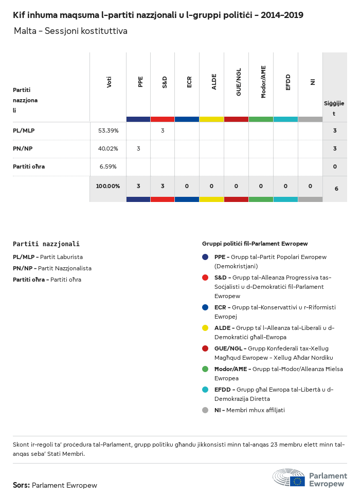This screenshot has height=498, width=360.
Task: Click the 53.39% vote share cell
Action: click(108, 131)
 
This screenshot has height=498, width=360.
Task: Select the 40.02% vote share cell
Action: click(108, 149)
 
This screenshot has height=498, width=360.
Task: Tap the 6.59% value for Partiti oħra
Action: click(108, 167)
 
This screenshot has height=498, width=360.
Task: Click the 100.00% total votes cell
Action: click(108, 186)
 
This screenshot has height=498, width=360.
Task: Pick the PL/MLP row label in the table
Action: click(24, 131)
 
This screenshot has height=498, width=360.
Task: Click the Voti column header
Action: click(109, 82)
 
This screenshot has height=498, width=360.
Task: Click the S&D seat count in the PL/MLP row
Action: click(163, 131)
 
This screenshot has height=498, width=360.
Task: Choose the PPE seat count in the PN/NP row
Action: click(138, 149)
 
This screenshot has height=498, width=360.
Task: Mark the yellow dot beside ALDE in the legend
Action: click(205, 327)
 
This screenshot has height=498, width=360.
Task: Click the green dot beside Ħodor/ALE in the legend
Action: click(205, 368)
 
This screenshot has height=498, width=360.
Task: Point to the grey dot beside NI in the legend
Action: click(205, 410)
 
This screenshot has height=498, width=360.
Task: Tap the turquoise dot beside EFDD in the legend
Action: click(205, 389)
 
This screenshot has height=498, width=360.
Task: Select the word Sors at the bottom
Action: click(21, 485)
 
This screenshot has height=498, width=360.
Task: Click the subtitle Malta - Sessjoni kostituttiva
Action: click(70, 31)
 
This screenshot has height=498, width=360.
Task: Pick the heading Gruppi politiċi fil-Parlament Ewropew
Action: click(255, 244)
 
